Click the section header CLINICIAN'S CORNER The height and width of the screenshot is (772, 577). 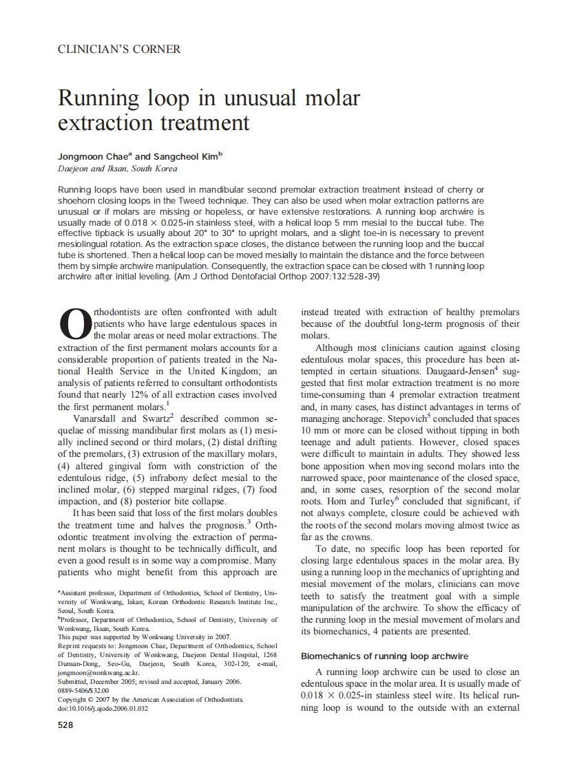point(119,50)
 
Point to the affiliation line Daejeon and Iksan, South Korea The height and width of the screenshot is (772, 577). point(117,169)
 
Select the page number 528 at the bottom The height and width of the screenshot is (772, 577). point(65,725)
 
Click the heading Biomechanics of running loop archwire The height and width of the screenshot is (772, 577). point(384,656)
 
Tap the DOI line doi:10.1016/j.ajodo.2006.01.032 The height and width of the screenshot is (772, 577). point(103,709)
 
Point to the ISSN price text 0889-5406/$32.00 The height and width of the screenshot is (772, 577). point(83,691)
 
